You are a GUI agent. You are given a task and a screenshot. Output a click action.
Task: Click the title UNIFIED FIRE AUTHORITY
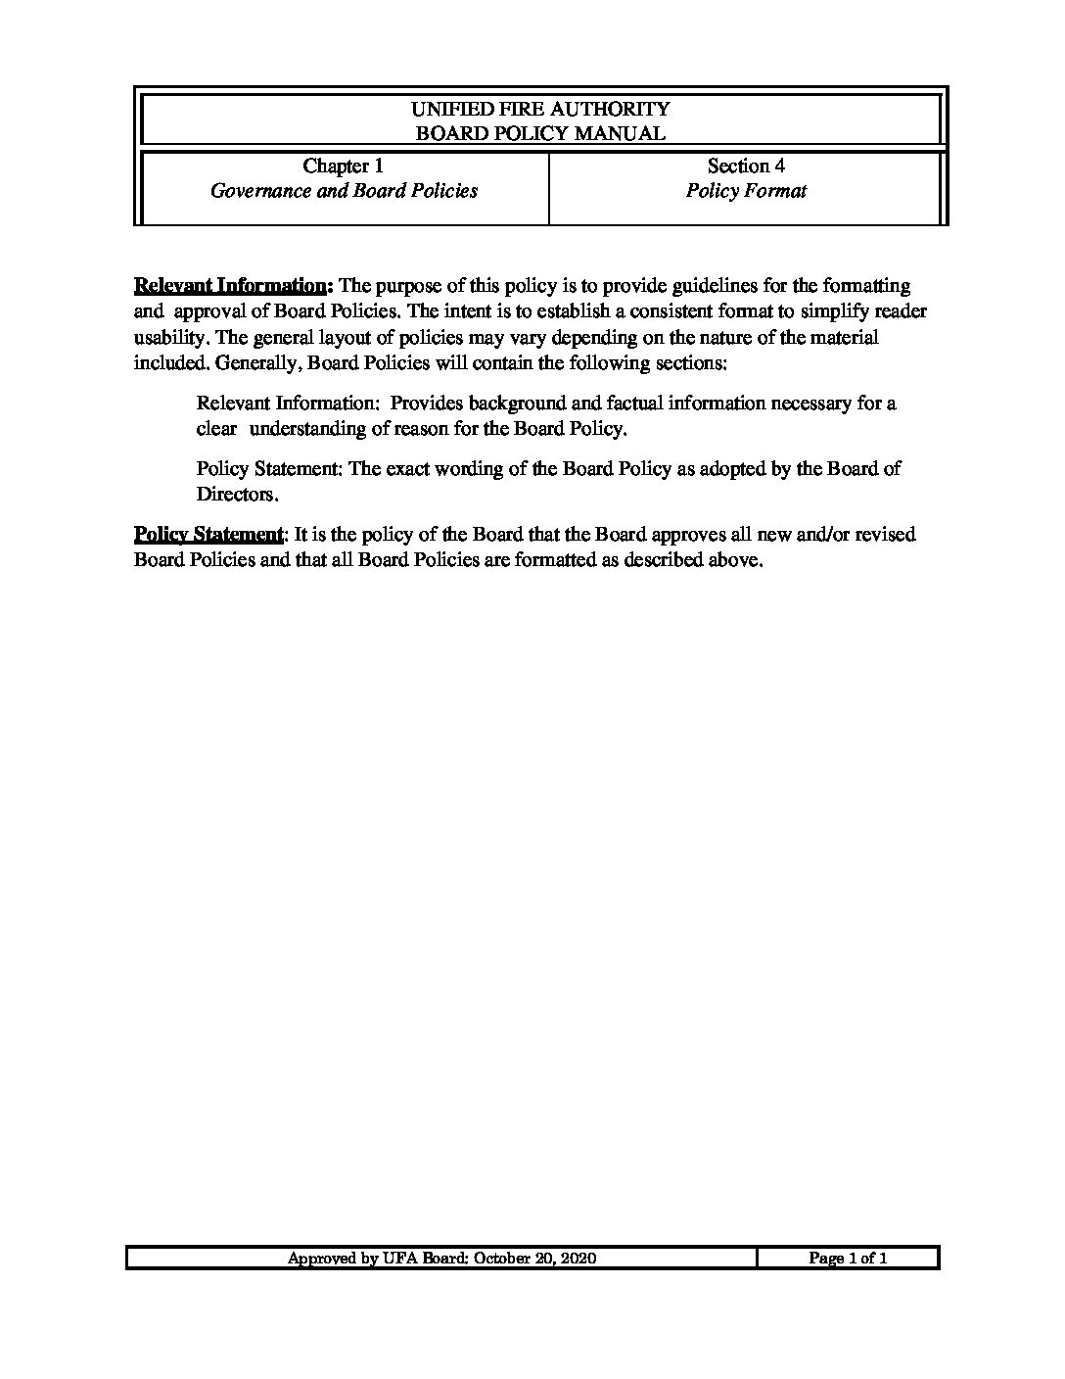(540, 109)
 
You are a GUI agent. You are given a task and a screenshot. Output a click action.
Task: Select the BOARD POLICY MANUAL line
(540, 133)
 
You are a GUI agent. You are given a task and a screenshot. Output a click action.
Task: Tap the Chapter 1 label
(343, 166)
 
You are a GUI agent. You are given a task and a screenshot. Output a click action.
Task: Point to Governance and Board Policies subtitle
(345, 191)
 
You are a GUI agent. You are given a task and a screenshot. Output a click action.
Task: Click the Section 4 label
(746, 166)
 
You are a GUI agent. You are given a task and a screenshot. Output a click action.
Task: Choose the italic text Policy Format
(746, 191)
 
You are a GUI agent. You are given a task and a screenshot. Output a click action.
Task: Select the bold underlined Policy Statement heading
(208, 535)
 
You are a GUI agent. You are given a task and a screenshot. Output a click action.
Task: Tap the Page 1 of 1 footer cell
(848, 1259)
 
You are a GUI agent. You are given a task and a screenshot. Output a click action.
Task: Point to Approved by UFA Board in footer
(378, 1259)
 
